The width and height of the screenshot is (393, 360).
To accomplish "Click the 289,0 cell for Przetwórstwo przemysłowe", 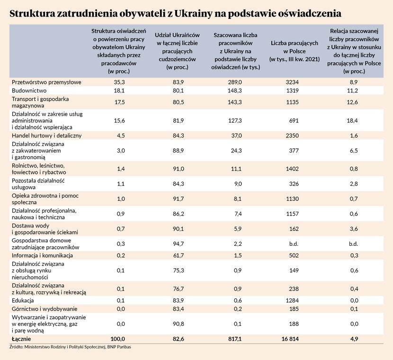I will click(x=235, y=82).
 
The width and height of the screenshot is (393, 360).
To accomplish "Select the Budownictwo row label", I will click(x=28, y=90).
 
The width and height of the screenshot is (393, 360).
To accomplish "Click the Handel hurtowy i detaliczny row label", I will click(x=46, y=135).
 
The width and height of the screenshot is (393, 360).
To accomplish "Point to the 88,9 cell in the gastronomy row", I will click(x=177, y=150).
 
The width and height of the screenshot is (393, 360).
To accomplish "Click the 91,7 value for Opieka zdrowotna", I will click(x=177, y=199).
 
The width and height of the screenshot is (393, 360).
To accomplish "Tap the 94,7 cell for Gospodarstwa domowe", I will click(x=177, y=243).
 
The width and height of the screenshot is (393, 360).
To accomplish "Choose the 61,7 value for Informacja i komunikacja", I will click(x=177, y=256).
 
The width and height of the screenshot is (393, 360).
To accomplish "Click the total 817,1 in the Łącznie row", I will click(x=235, y=339).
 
